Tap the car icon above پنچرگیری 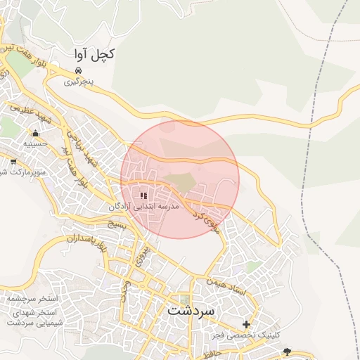point(79,71)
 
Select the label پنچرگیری point(79,82)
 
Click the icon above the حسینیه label point(35,132)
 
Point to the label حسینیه point(35,143)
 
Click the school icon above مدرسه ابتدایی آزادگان point(143,196)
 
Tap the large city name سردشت point(192,309)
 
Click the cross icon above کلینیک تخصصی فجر point(246,324)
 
